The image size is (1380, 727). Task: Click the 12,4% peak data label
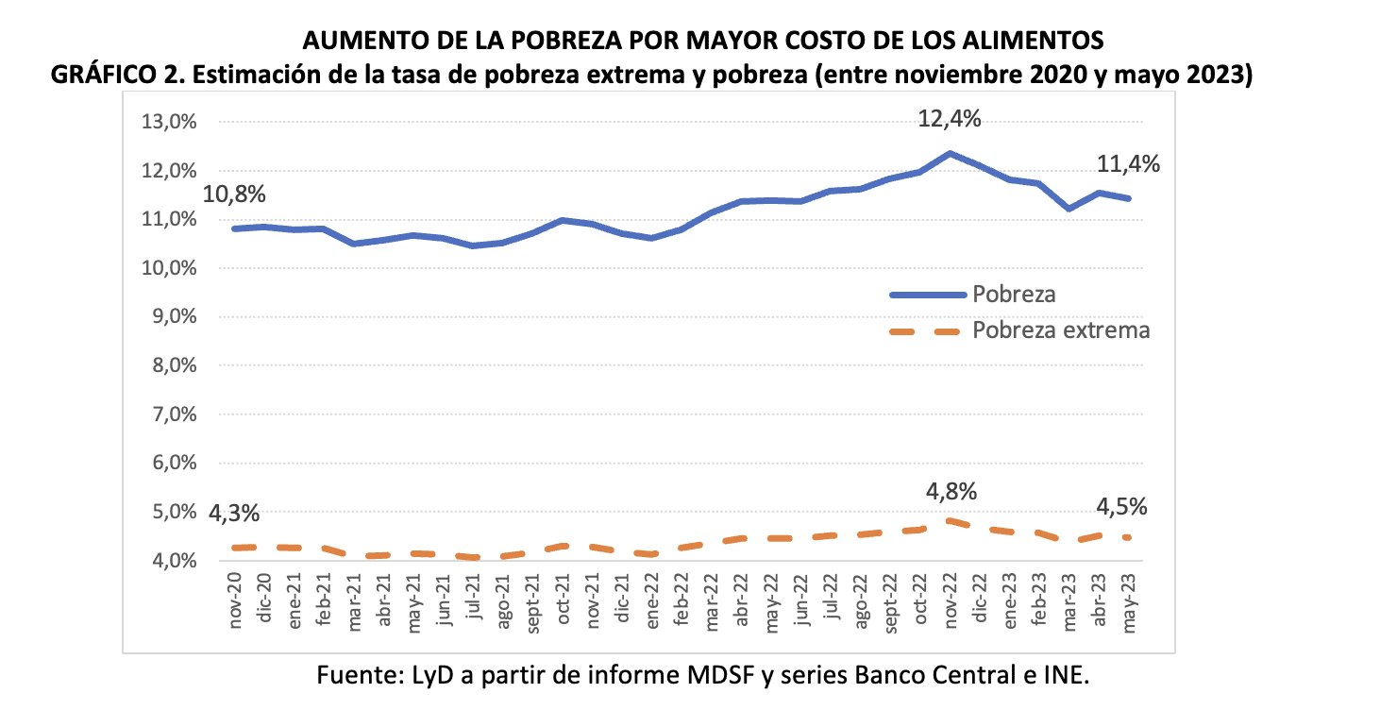[950, 120]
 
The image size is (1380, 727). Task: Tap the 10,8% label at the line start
[235, 194]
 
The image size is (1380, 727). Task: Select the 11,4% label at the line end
[1128, 165]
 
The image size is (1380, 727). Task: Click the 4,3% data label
[235, 514]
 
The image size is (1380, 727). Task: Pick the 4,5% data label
[1121, 507]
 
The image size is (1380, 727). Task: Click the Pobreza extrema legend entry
[1061, 330]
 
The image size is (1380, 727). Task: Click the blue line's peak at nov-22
[950, 153]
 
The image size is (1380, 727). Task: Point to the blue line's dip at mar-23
[1069, 209]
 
